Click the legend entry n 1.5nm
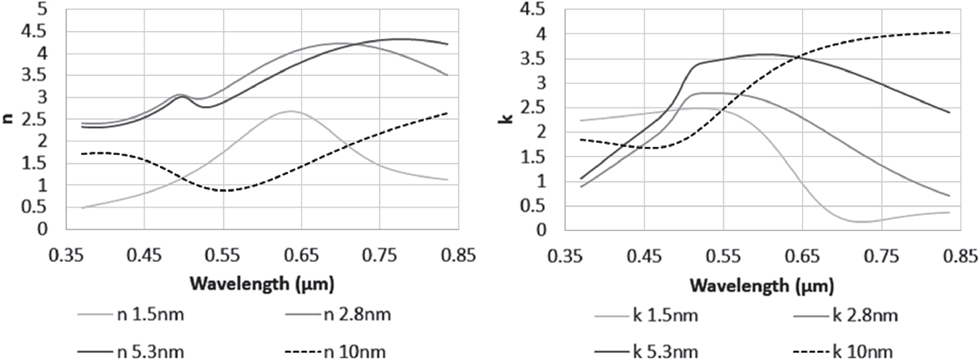(131, 315)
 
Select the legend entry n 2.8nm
(338, 315)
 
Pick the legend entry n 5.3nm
(131, 352)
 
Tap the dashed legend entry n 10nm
(335, 352)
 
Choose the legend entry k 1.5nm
(646, 315)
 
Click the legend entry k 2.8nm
(845, 315)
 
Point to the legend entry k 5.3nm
(646, 352)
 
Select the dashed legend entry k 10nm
(843, 352)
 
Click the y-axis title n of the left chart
(7, 118)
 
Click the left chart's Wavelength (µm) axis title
(262, 284)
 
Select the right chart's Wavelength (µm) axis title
(762, 285)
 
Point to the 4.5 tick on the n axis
(35, 32)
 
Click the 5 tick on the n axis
(42, 10)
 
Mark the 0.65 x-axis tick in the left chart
(301, 256)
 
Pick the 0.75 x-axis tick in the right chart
(881, 256)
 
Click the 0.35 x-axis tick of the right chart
(566, 256)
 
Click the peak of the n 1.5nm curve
(291, 111)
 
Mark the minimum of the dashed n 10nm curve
(224, 191)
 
